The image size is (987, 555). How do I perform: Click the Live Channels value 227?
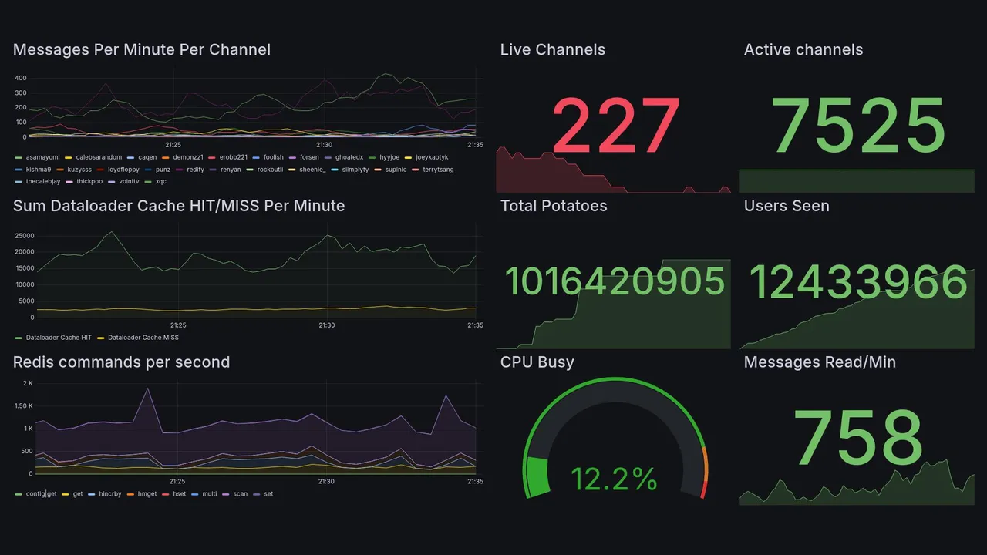click(615, 126)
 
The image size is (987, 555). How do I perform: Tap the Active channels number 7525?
click(858, 126)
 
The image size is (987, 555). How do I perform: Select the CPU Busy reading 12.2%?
click(614, 479)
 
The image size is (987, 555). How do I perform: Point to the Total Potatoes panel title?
click(553, 206)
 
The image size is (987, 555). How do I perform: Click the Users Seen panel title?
click(787, 206)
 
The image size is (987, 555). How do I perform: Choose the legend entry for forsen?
click(309, 157)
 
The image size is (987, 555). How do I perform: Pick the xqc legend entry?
click(160, 182)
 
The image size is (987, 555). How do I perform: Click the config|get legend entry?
click(41, 494)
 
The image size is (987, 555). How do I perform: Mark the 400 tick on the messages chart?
click(21, 78)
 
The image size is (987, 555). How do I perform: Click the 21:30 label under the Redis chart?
click(326, 482)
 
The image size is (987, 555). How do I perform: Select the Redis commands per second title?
click(121, 362)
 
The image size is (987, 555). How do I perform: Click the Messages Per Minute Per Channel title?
click(142, 50)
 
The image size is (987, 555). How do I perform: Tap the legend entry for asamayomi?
click(42, 157)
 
